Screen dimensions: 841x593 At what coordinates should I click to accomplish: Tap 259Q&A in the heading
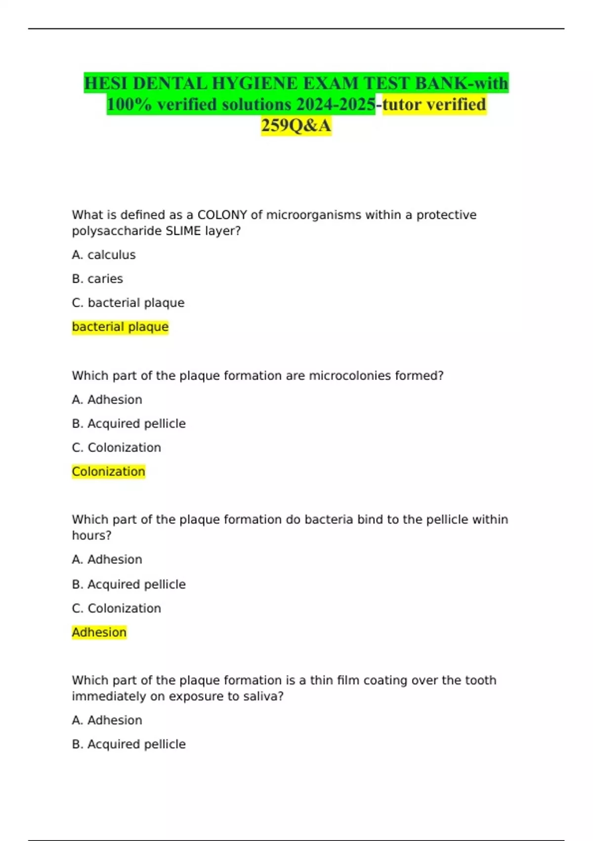296,126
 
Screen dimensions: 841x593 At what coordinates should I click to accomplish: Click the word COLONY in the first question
222,215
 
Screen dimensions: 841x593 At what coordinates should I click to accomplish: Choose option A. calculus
104,255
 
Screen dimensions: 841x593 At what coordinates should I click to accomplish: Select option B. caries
97,279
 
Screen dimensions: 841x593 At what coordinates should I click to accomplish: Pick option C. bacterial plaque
128,303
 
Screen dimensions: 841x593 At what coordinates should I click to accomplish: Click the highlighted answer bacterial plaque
120,327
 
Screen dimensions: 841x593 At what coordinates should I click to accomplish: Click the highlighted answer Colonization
108,471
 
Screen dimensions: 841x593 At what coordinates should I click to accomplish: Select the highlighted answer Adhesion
99,632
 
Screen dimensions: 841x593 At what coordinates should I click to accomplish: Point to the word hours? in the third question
91,536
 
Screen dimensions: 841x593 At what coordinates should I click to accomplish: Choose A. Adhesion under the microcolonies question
107,400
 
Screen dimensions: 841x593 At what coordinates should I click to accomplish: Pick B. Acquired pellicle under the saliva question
128,744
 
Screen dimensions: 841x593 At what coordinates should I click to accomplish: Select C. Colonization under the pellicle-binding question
116,608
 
